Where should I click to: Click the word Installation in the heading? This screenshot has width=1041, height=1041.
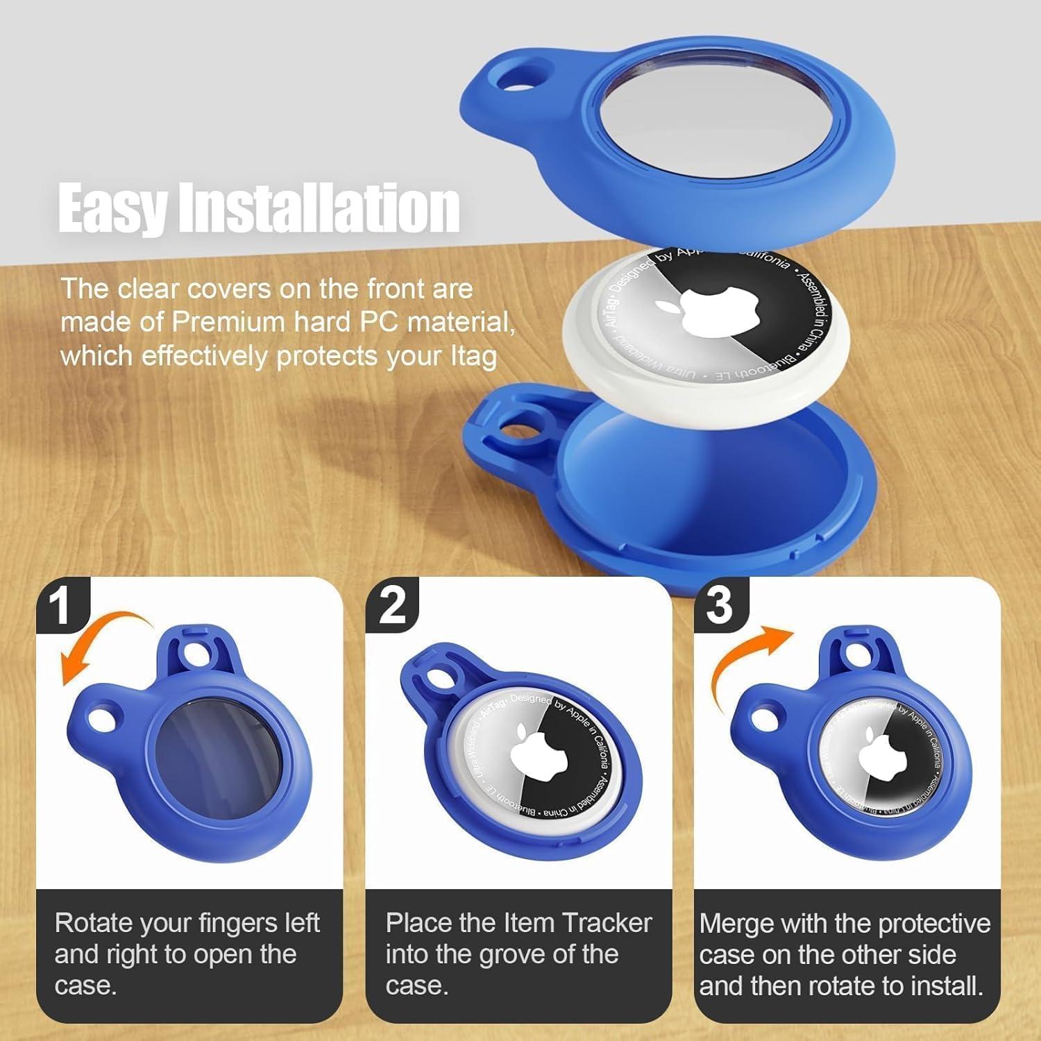pyautogui.click(x=319, y=208)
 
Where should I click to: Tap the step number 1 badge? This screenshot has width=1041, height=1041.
pyautogui.click(x=62, y=604)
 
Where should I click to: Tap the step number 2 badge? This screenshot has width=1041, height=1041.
pyautogui.click(x=393, y=604)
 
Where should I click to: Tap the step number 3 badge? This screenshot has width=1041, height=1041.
pyautogui.click(x=720, y=604)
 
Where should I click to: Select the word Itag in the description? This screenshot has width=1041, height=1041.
pyautogui.click(x=471, y=356)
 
